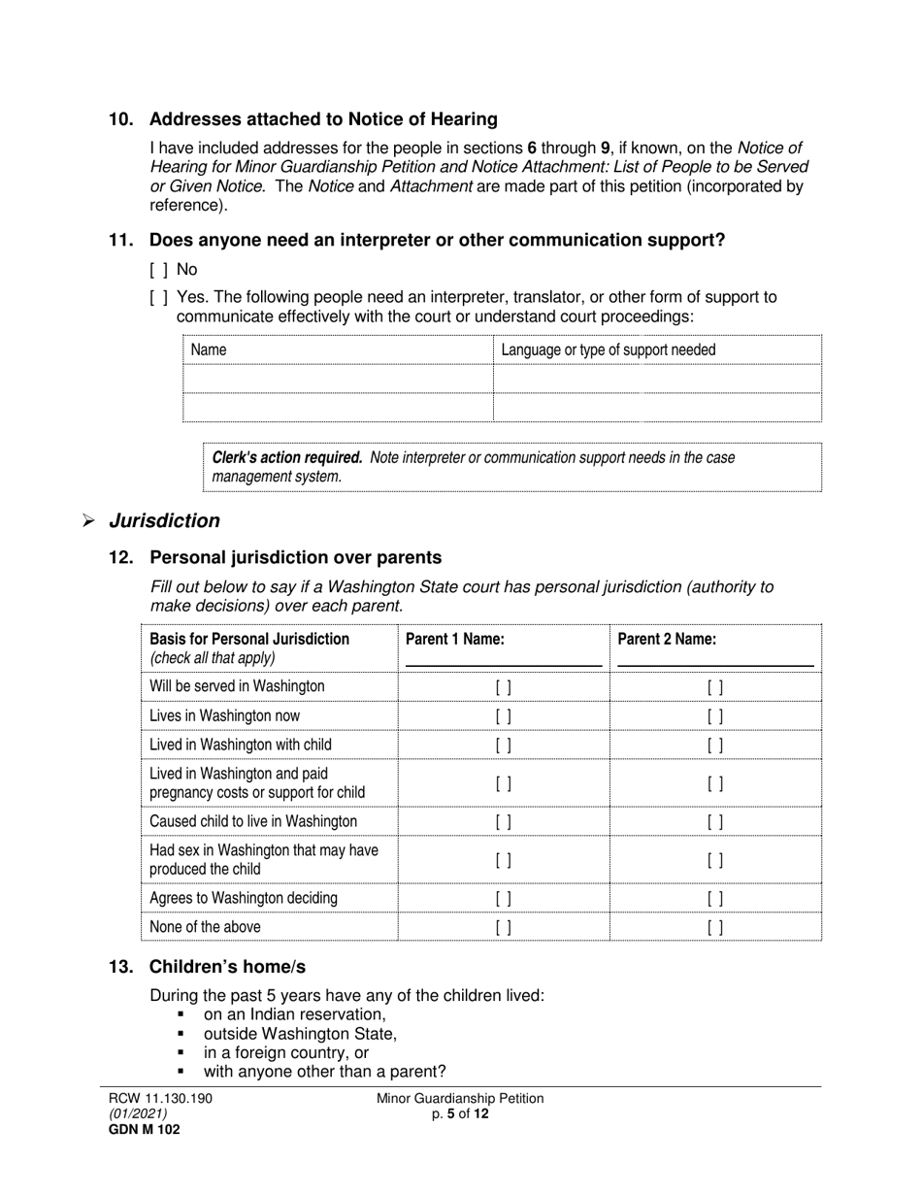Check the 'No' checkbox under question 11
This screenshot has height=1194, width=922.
coord(158,270)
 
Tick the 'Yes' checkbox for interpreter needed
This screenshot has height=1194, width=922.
coord(158,297)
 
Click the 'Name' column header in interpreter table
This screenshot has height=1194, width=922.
coord(209,349)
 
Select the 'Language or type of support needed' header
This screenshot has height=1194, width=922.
coord(609,349)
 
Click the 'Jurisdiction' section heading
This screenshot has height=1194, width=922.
coord(164,521)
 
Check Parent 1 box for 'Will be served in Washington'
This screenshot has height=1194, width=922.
coord(504,687)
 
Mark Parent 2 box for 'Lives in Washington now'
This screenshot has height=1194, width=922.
coord(715,716)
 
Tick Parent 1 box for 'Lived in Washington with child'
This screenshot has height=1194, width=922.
coord(504,746)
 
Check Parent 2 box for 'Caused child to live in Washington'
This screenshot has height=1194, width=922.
coord(715,822)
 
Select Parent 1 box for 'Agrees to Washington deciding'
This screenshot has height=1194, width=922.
coord(504,899)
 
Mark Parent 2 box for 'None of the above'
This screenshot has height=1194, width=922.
coord(715,928)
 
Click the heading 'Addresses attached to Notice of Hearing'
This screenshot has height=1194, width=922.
coord(323,119)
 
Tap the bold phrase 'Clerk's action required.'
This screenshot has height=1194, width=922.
coord(287,457)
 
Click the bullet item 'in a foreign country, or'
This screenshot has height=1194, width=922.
coord(286,1053)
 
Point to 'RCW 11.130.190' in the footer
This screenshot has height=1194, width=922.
coord(160,1098)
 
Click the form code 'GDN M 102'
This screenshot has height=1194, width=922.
coord(144,1129)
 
